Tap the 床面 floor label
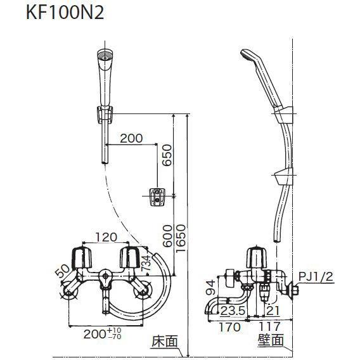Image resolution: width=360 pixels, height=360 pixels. coord(162,342)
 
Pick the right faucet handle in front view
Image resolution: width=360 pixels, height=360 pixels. coord(131,258)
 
